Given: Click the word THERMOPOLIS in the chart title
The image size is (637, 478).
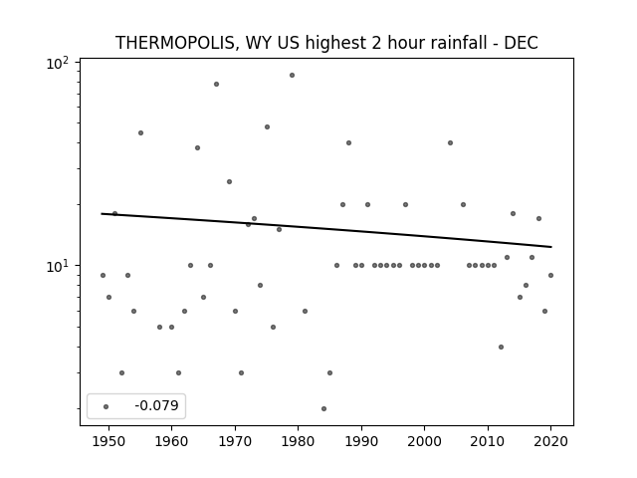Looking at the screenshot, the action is (x=175, y=43).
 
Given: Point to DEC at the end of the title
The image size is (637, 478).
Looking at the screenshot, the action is (x=522, y=43).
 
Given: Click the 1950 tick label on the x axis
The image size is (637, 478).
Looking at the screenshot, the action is (x=108, y=442).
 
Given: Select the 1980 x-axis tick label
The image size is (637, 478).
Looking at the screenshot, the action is (x=299, y=442).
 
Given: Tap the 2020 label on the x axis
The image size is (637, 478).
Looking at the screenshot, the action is (x=550, y=442).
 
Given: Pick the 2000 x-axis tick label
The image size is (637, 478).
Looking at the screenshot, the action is (x=425, y=442).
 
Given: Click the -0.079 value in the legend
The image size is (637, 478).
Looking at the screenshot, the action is (x=157, y=405).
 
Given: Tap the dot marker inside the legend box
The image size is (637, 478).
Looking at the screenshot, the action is (x=106, y=406).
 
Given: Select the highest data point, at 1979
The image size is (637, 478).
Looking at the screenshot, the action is (x=292, y=76).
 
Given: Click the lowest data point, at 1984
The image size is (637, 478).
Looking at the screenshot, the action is (x=323, y=408).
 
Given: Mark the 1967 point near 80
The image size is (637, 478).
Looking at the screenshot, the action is (x=217, y=84).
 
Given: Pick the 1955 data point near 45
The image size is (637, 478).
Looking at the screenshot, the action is (x=140, y=132).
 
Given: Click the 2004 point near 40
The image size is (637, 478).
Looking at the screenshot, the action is (x=450, y=142).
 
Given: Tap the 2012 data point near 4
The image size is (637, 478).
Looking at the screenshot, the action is (x=501, y=347).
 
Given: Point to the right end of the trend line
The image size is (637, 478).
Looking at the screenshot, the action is (x=551, y=247).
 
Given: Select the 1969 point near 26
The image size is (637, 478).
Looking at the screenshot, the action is (x=229, y=181).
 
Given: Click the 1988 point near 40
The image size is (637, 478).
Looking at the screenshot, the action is (x=348, y=142).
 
